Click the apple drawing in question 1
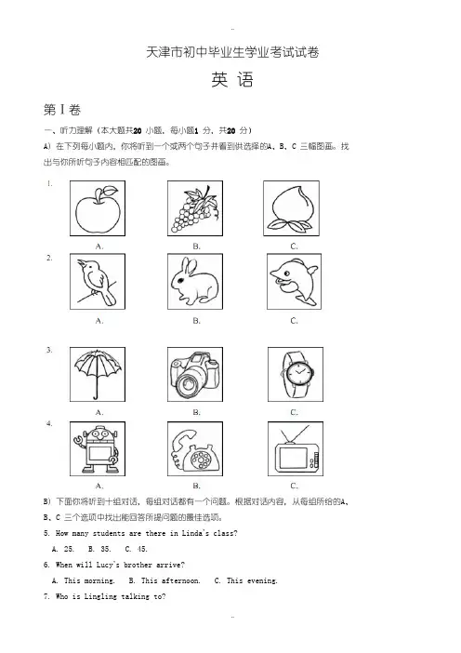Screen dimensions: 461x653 click(x=98, y=209)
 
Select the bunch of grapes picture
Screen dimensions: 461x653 click(x=195, y=209)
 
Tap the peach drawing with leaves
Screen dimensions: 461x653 click(x=291, y=208)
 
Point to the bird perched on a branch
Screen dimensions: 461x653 click(x=97, y=282)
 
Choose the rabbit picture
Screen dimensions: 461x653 click(x=195, y=281)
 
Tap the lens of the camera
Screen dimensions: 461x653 click(x=190, y=381)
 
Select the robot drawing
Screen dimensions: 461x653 click(x=98, y=449)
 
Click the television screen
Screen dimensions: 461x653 click(x=294, y=458)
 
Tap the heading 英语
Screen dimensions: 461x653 click(x=232, y=80)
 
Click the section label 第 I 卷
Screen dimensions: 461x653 click(x=62, y=110)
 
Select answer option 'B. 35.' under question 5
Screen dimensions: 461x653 click(x=99, y=549)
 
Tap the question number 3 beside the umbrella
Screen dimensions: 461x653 click(x=49, y=350)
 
